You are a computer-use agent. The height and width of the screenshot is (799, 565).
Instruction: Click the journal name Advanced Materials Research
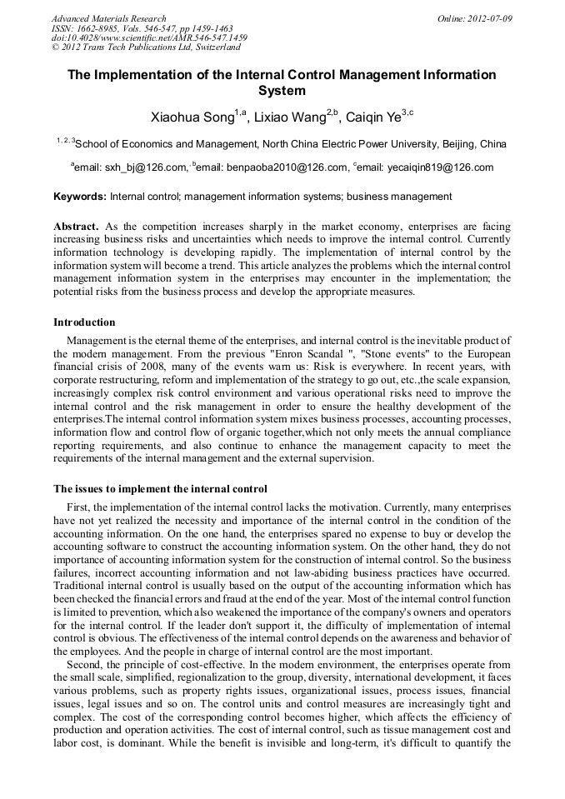pos(108,18)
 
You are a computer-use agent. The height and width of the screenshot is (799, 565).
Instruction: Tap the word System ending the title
pos(282,91)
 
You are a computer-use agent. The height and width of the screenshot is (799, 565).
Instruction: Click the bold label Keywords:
pos(80,197)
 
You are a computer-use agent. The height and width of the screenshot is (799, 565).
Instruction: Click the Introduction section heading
pos(84,322)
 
